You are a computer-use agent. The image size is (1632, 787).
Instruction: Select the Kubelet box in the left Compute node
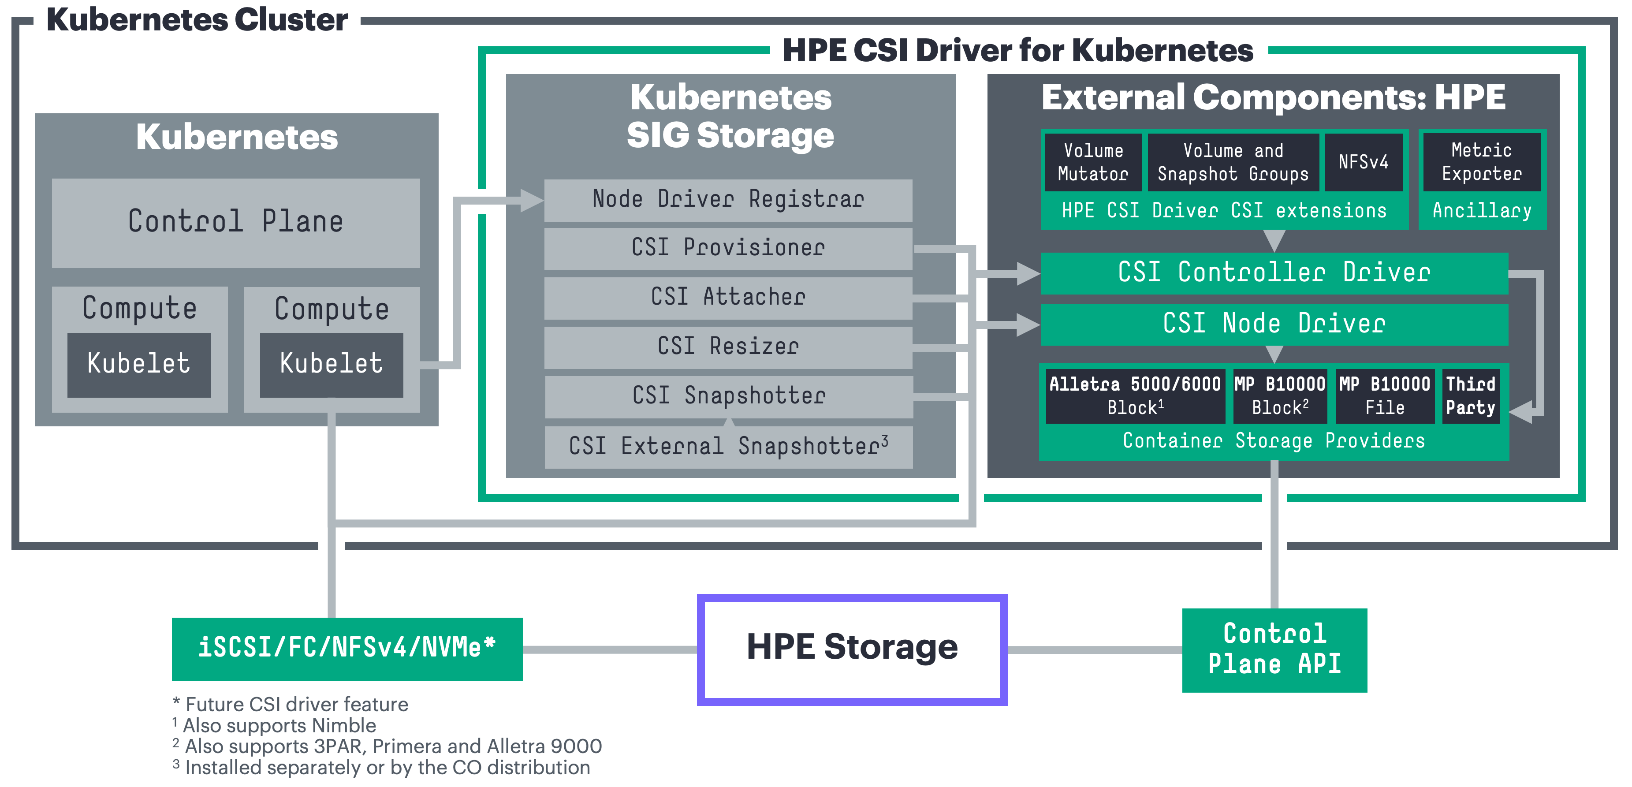pyautogui.click(x=139, y=364)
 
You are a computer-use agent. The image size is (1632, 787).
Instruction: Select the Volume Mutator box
pyautogui.click(x=1093, y=162)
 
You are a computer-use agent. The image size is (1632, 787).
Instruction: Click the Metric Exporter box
pyautogui.click(x=1481, y=162)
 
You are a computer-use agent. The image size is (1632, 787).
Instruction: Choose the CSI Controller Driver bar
pyautogui.click(x=1274, y=273)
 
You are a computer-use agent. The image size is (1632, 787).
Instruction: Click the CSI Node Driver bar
pyautogui.click(x=1274, y=324)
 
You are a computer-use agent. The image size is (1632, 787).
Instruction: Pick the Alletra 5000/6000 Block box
pyautogui.click(x=1135, y=396)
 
